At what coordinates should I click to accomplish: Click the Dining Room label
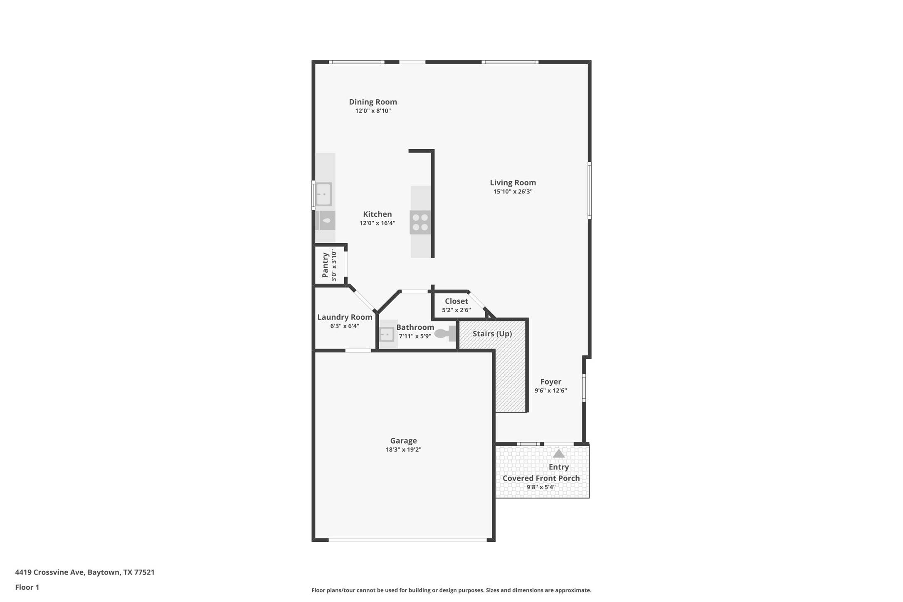[373, 102]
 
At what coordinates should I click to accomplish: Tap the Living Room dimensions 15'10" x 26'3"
[513, 192]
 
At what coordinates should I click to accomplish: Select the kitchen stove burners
[420, 222]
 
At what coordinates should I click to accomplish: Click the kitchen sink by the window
[323, 194]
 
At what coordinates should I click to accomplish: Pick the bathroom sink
[387, 334]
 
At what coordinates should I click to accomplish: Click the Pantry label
[325, 265]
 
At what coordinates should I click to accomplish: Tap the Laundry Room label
[345, 317]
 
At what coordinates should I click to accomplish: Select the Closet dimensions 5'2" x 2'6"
[456, 310]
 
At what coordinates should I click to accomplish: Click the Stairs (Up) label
[492, 334]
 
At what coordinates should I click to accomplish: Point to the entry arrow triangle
[559, 453]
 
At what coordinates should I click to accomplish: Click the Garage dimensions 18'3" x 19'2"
[403, 449]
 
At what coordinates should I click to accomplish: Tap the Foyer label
[551, 382]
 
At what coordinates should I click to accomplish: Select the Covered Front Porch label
[541, 478]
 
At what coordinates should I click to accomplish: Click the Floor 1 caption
[27, 587]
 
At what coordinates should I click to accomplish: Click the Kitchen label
[377, 214]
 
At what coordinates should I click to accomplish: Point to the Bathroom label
[415, 327]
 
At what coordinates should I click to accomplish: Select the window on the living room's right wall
[590, 190]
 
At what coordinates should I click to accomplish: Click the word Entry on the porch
[559, 467]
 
